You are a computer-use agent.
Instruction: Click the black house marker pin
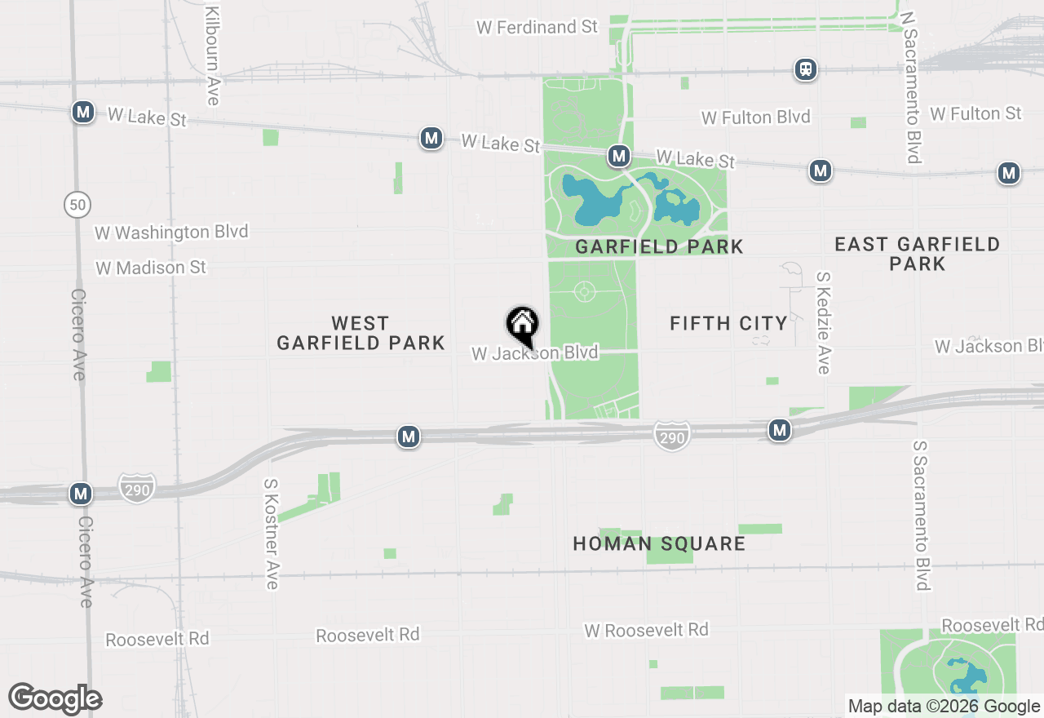(x=522, y=325)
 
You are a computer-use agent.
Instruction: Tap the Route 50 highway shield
(x=77, y=205)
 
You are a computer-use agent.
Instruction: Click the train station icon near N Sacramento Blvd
(x=806, y=69)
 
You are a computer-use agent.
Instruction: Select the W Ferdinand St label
(x=537, y=27)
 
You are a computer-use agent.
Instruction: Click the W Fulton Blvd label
(x=756, y=117)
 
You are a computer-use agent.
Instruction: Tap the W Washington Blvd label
(x=171, y=233)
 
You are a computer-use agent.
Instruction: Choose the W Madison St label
(x=151, y=268)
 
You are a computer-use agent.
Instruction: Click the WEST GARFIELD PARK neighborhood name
(x=361, y=333)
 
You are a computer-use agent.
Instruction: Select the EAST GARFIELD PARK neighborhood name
(x=917, y=254)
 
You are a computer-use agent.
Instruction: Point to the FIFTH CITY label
(x=728, y=323)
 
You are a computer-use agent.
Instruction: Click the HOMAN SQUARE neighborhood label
(x=659, y=543)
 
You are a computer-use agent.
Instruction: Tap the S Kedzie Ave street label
(x=823, y=323)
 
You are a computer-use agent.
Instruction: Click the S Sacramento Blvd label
(x=922, y=516)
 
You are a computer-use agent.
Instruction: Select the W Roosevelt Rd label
(x=646, y=630)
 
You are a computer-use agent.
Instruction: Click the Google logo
(x=55, y=698)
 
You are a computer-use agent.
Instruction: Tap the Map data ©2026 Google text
(x=944, y=707)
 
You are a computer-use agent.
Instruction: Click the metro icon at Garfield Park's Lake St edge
(x=619, y=155)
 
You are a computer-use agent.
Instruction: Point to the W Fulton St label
(x=975, y=113)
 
